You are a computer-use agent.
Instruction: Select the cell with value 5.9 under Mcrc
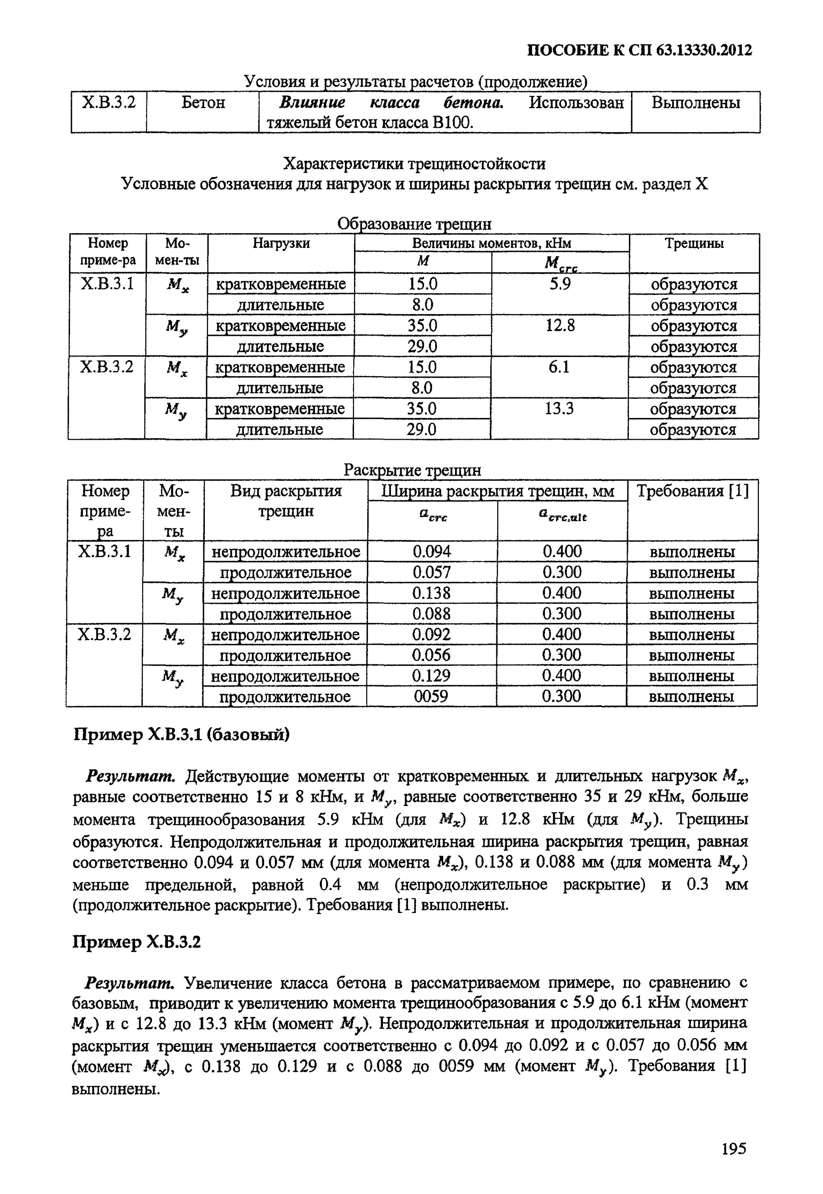[x=560, y=284]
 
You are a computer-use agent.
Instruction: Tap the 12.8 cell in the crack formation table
[x=560, y=326]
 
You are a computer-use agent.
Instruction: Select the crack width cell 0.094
[x=432, y=552]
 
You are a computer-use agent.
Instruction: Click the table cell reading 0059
[x=431, y=696]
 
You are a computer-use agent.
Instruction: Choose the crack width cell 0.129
[x=431, y=676]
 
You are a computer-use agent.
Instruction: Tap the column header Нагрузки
[x=281, y=243]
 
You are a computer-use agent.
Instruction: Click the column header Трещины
[x=694, y=243]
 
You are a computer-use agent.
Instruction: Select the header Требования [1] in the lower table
[x=693, y=491]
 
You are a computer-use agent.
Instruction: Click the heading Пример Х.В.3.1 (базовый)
[x=181, y=734]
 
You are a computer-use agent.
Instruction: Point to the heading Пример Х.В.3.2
[x=137, y=942]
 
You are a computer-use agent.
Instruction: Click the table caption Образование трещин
[x=414, y=224]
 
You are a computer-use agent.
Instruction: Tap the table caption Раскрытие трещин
[x=412, y=470]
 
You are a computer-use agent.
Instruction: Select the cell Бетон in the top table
[x=203, y=103]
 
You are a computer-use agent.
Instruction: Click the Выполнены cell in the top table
[x=696, y=103]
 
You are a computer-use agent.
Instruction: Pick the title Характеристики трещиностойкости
[x=414, y=164]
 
